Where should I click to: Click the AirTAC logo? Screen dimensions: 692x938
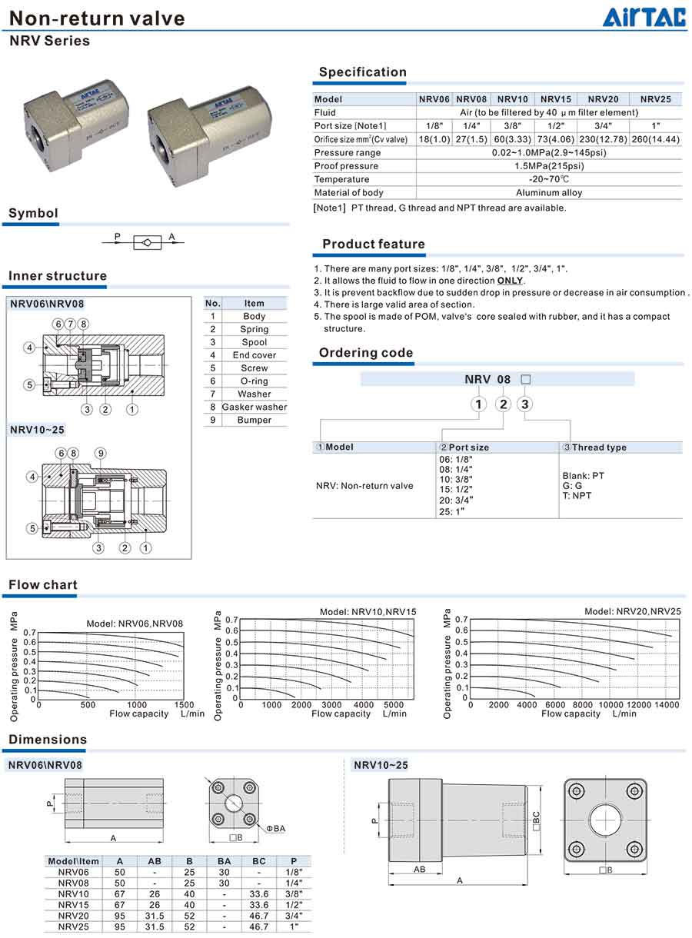pos(644,18)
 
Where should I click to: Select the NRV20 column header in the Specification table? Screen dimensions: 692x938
pos(603,99)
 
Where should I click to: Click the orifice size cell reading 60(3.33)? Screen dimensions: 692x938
pos(512,139)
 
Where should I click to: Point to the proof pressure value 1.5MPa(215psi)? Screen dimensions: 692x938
pos(549,166)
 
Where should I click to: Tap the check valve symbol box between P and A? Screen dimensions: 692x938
pos(147,242)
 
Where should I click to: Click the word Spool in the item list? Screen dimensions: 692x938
pos(254,342)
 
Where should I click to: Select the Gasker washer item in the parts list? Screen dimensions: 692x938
pos(254,407)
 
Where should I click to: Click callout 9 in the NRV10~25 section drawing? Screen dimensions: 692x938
pos(100,453)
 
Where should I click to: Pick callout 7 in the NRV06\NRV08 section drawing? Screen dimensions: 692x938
pos(71,324)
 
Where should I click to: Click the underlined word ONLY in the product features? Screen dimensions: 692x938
pos(510,281)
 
